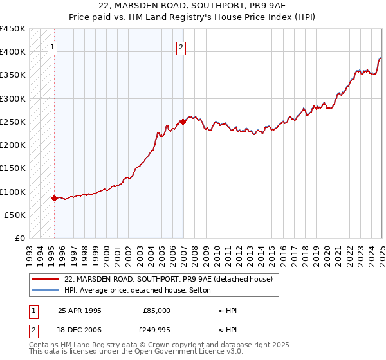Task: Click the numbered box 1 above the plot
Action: click(51, 46)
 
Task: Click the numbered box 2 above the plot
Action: click(181, 46)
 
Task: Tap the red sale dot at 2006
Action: click(183, 122)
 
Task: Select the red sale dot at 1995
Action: click(54, 198)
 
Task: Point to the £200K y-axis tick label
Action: click(13, 145)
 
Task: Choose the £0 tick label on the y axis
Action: click(19, 238)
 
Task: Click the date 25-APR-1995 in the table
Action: click(80, 310)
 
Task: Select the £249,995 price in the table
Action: click(156, 330)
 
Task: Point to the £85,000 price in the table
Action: click(156, 310)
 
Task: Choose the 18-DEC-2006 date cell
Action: click(80, 330)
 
